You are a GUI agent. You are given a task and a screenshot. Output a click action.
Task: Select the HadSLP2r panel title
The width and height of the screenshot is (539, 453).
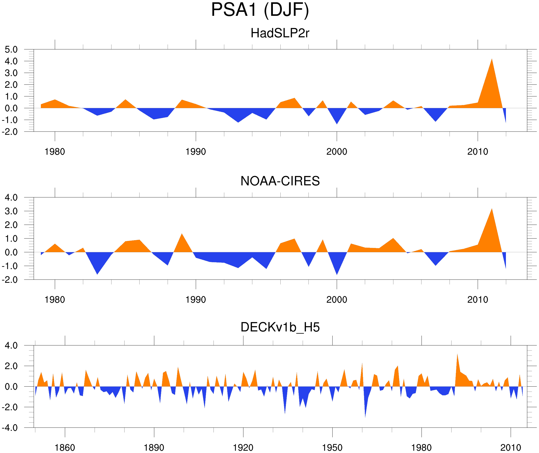280,33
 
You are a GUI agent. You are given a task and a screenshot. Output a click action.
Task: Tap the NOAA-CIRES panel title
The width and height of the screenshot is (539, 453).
280,181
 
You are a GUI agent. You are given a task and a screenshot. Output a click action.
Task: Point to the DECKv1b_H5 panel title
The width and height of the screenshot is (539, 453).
280,327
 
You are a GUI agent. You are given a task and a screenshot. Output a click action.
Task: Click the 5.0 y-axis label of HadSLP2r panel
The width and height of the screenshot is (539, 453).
11,50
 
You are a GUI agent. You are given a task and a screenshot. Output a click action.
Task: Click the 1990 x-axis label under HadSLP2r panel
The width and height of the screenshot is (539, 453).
196,152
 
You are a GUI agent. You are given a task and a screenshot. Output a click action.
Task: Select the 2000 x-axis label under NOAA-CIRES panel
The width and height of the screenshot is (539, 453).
337,300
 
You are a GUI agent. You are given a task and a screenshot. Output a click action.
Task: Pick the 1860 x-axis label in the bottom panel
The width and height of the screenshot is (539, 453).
65,447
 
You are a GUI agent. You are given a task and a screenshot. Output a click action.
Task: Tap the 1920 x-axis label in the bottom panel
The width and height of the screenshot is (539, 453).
243,447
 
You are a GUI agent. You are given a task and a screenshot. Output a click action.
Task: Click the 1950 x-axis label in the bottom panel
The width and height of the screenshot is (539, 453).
332,447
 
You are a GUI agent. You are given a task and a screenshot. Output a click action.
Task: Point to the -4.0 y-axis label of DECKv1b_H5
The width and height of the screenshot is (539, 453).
10,428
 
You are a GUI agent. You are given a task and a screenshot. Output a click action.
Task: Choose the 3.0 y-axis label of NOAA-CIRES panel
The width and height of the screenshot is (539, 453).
11,211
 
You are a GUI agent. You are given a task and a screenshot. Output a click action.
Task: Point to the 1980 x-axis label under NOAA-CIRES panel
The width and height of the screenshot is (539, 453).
55,300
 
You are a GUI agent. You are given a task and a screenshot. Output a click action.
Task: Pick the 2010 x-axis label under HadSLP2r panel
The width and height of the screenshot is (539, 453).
477,152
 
